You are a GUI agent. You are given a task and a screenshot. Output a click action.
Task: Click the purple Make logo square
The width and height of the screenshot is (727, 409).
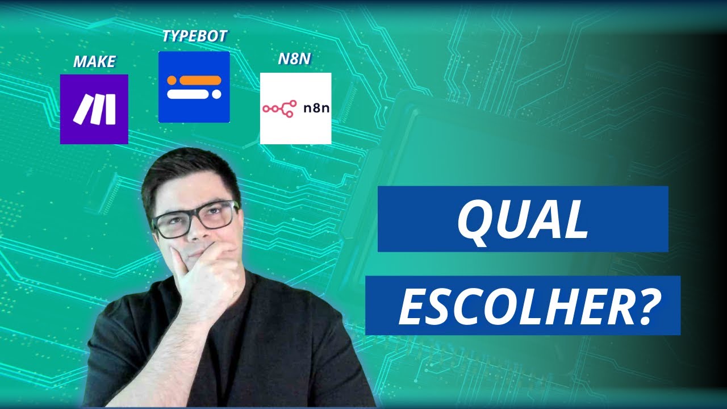(94, 109)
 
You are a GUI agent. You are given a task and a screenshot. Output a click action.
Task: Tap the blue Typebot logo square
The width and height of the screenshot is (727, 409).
(194, 87)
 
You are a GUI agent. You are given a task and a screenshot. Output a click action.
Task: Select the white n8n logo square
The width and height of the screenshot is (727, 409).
(295, 108)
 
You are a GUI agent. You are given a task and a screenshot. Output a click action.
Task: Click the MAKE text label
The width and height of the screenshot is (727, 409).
(94, 61)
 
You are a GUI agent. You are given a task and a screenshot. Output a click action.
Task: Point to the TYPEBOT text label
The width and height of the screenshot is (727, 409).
(194, 37)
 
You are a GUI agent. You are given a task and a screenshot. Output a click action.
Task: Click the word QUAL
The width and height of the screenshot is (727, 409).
(523, 219)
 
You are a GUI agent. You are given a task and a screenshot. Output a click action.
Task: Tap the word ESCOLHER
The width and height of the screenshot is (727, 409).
(514, 307)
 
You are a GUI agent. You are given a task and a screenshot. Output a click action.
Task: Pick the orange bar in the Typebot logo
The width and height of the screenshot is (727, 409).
(198, 80)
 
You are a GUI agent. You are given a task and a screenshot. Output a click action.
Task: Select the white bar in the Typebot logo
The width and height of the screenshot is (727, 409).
(193, 94)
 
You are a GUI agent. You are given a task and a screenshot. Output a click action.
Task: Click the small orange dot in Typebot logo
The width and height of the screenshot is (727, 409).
(171, 80)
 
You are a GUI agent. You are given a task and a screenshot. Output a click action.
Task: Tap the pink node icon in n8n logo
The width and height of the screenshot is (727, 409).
(278, 108)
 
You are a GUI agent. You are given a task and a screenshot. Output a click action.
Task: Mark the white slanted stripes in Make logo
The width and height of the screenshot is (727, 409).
(94, 109)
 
